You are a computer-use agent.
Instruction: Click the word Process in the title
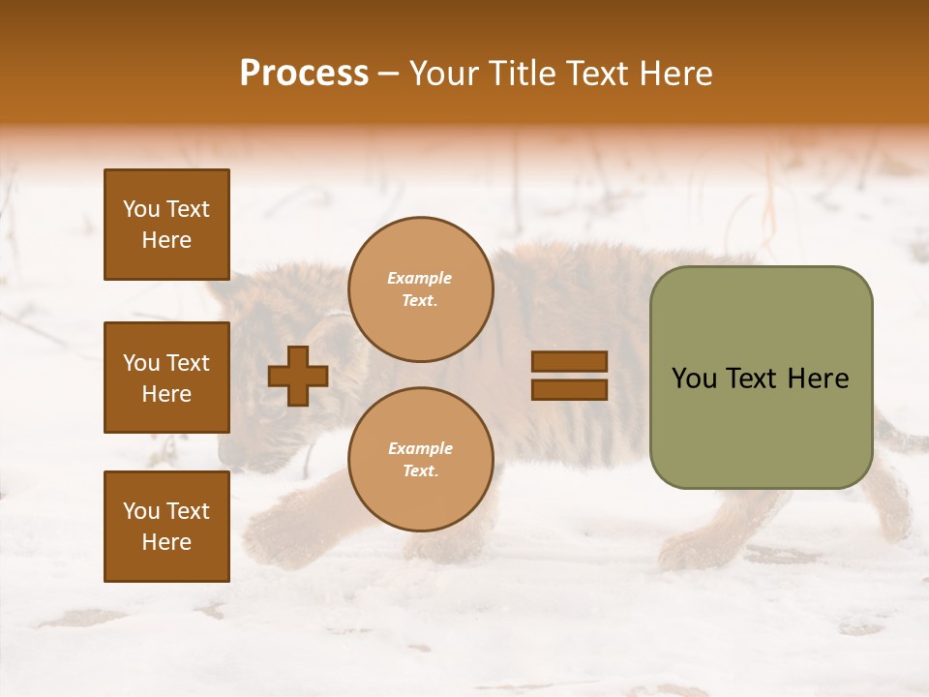tap(304, 74)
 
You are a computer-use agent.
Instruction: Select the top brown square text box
tap(166, 225)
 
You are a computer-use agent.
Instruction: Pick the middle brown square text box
tap(166, 378)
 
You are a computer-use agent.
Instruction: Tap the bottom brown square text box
tap(166, 526)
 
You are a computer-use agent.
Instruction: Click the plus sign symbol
tap(298, 376)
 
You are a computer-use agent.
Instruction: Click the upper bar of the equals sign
tap(569, 361)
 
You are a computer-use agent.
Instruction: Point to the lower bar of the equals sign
tap(569, 389)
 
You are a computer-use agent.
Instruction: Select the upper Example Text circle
tap(420, 289)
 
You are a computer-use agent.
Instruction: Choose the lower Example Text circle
tap(420, 460)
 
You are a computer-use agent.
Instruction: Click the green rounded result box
tap(761, 378)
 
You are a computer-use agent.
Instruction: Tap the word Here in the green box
tap(818, 379)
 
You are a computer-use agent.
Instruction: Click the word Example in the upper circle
tap(420, 279)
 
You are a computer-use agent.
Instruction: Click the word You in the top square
tap(141, 209)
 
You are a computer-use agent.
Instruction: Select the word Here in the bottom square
tap(166, 542)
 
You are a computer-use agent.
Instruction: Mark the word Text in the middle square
tap(188, 363)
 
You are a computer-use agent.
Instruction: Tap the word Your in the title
tap(444, 74)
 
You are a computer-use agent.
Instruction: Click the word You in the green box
tap(694, 379)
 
